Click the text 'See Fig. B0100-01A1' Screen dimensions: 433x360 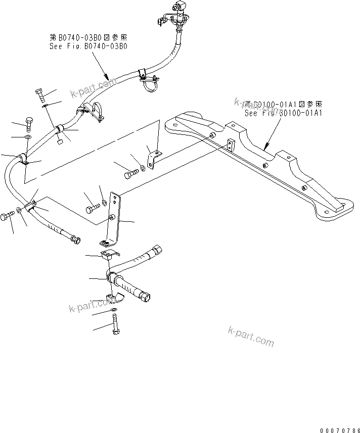(283, 114)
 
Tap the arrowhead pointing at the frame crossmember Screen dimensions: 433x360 (266, 148)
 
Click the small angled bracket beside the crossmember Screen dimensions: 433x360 (153, 157)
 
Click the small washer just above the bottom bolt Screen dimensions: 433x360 (114, 309)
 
